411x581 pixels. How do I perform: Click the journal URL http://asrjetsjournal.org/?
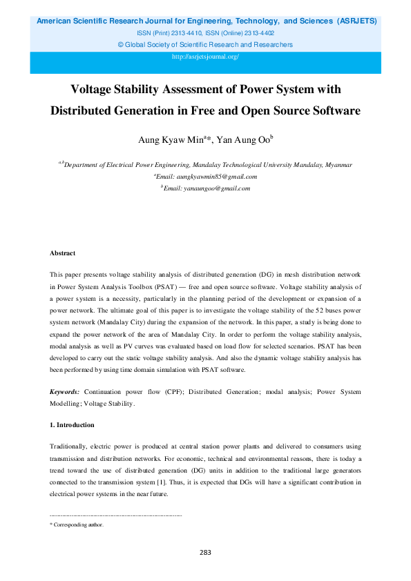pos(205,57)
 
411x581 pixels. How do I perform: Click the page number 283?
pos(205,552)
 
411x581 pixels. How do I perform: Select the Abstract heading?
pos(62,253)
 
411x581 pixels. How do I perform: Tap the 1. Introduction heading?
pos(72,424)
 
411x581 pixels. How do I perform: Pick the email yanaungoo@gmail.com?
pos(207,188)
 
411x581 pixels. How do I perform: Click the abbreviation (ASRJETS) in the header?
pos(356,21)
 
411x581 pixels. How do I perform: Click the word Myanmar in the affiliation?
pos(338,165)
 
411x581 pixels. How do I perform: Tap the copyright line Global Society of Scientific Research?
pos(205,45)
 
